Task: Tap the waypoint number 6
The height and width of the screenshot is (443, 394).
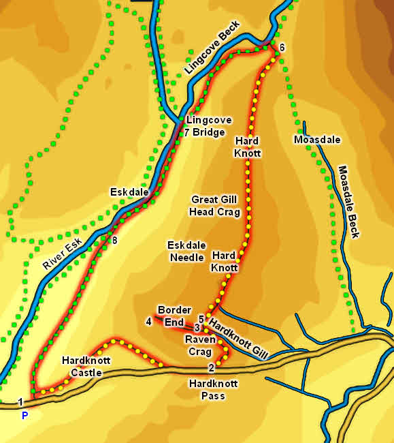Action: coord(282,46)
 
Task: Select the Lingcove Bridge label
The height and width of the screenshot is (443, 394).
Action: coord(210,125)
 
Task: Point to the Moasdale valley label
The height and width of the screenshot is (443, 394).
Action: coord(316,140)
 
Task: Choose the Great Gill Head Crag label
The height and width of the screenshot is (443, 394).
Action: coord(215,206)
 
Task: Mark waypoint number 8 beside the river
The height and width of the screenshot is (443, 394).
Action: coord(114,240)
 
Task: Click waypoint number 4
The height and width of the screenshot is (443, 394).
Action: coord(148,321)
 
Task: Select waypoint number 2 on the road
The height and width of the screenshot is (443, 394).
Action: coord(211,368)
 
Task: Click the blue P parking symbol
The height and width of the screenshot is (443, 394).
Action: coord(24,414)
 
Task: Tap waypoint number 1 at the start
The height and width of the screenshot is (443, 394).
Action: coord(21,401)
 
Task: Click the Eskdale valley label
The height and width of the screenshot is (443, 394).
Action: coord(129,193)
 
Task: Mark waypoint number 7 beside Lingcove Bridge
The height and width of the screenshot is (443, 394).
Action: coord(187,132)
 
